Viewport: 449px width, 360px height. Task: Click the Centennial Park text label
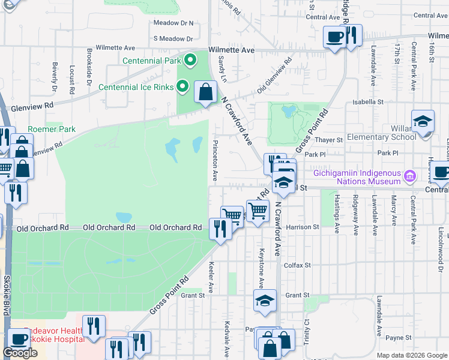pyautogui.click(x=152, y=61)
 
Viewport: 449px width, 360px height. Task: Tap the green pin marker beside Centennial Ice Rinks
pyautogui.click(x=184, y=87)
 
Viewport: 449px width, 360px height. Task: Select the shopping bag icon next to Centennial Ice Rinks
pyautogui.click(x=206, y=92)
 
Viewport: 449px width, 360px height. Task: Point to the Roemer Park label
pyautogui.click(x=52, y=129)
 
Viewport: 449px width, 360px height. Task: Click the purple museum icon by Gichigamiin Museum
pyautogui.click(x=411, y=176)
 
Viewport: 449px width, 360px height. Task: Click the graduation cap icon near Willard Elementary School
pyautogui.click(x=423, y=122)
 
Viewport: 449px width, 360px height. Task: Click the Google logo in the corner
pyautogui.click(x=20, y=353)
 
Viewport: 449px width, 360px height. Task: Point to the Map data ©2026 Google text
pyautogui.click(x=411, y=355)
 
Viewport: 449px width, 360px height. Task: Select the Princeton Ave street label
pyautogui.click(x=214, y=161)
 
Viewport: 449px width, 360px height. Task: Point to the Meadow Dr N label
pyautogui.click(x=173, y=23)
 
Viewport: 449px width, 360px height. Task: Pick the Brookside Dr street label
pyautogui.click(x=89, y=65)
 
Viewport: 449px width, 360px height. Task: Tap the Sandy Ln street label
pyautogui.click(x=221, y=66)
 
